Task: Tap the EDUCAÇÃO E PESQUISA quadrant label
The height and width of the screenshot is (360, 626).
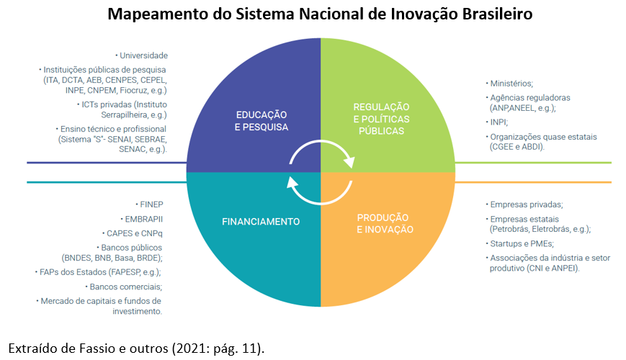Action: point(262,120)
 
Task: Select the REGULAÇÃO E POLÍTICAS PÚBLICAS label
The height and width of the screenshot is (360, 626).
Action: point(381,119)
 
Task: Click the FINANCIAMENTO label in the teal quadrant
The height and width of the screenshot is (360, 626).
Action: point(261,221)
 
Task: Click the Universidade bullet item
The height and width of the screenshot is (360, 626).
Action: point(143,55)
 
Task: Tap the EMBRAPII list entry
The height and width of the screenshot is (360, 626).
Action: point(144,218)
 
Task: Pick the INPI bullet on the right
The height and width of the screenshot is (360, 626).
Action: point(499,122)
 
